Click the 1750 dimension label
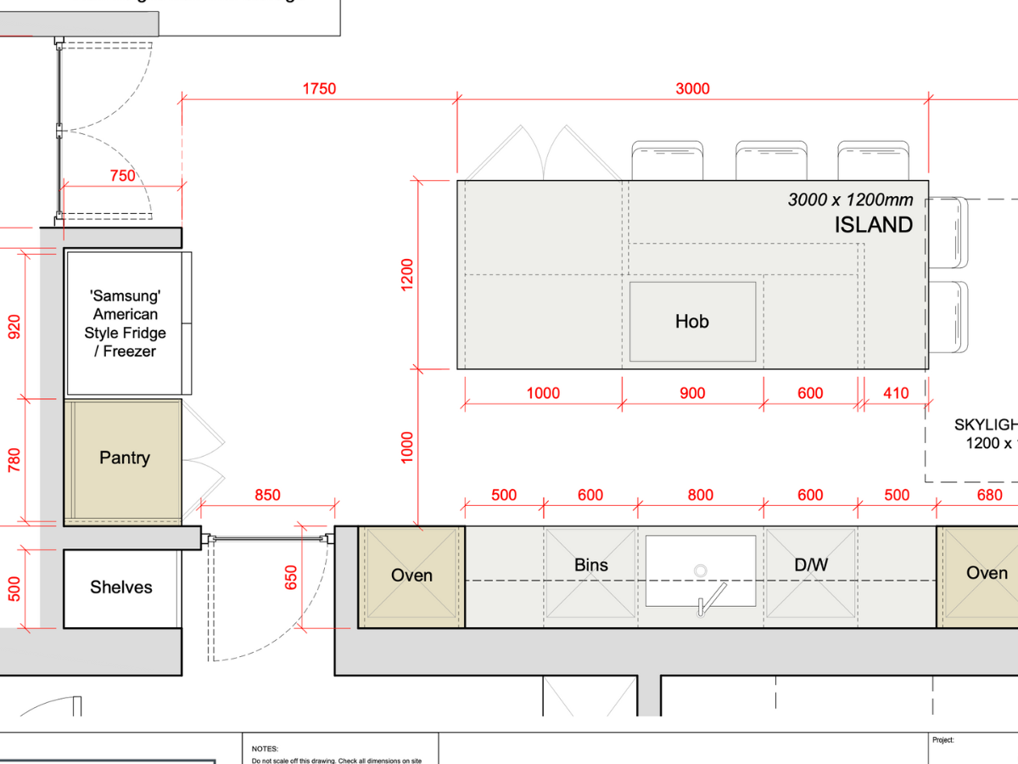tap(319, 88)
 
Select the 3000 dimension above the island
tap(692, 88)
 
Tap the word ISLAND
tap(873, 225)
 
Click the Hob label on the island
tap(691, 322)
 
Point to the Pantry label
tap(124, 458)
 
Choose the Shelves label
tap(121, 587)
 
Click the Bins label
tap(590, 565)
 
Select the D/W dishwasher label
tap(810, 565)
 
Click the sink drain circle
tap(701, 570)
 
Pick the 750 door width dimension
tap(122, 176)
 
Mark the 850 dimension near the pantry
tap(266, 495)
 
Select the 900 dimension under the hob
tap(692, 393)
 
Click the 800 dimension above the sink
tap(700, 495)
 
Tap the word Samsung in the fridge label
tap(125, 296)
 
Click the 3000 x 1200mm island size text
tap(850, 200)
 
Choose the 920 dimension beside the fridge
tap(14, 326)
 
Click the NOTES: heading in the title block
tap(265, 749)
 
